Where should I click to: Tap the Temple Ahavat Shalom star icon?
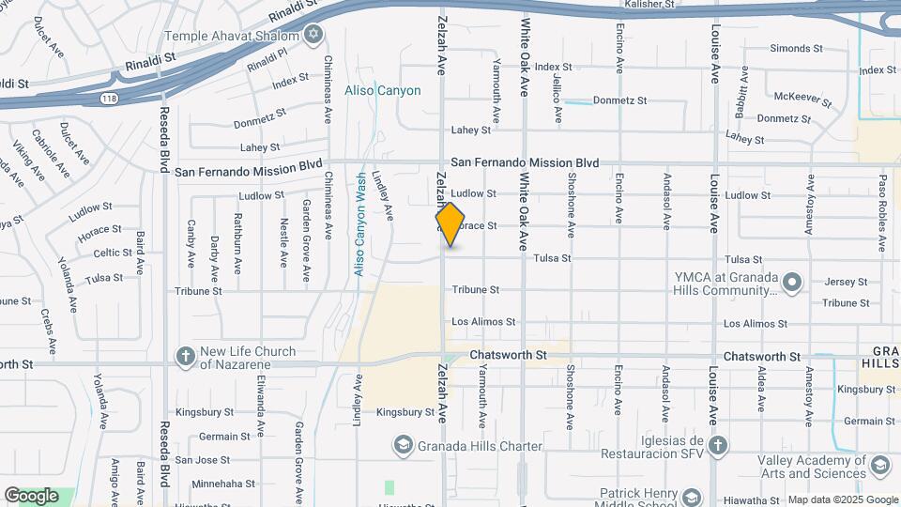click(x=313, y=36)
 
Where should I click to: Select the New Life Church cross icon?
click(x=184, y=357)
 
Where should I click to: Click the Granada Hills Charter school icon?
click(x=404, y=445)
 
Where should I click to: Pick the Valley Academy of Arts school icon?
click(x=880, y=465)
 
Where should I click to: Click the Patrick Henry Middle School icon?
click(x=692, y=497)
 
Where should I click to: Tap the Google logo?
click(x=31, y=496)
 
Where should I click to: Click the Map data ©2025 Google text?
click(x=842, y=499)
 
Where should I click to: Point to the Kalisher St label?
click(x=649, y=5)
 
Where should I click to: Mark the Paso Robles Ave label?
click(x=883, y=213)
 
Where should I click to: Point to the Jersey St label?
click(x=847, y=282)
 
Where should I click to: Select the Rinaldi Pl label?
click(x=267, y=61)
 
